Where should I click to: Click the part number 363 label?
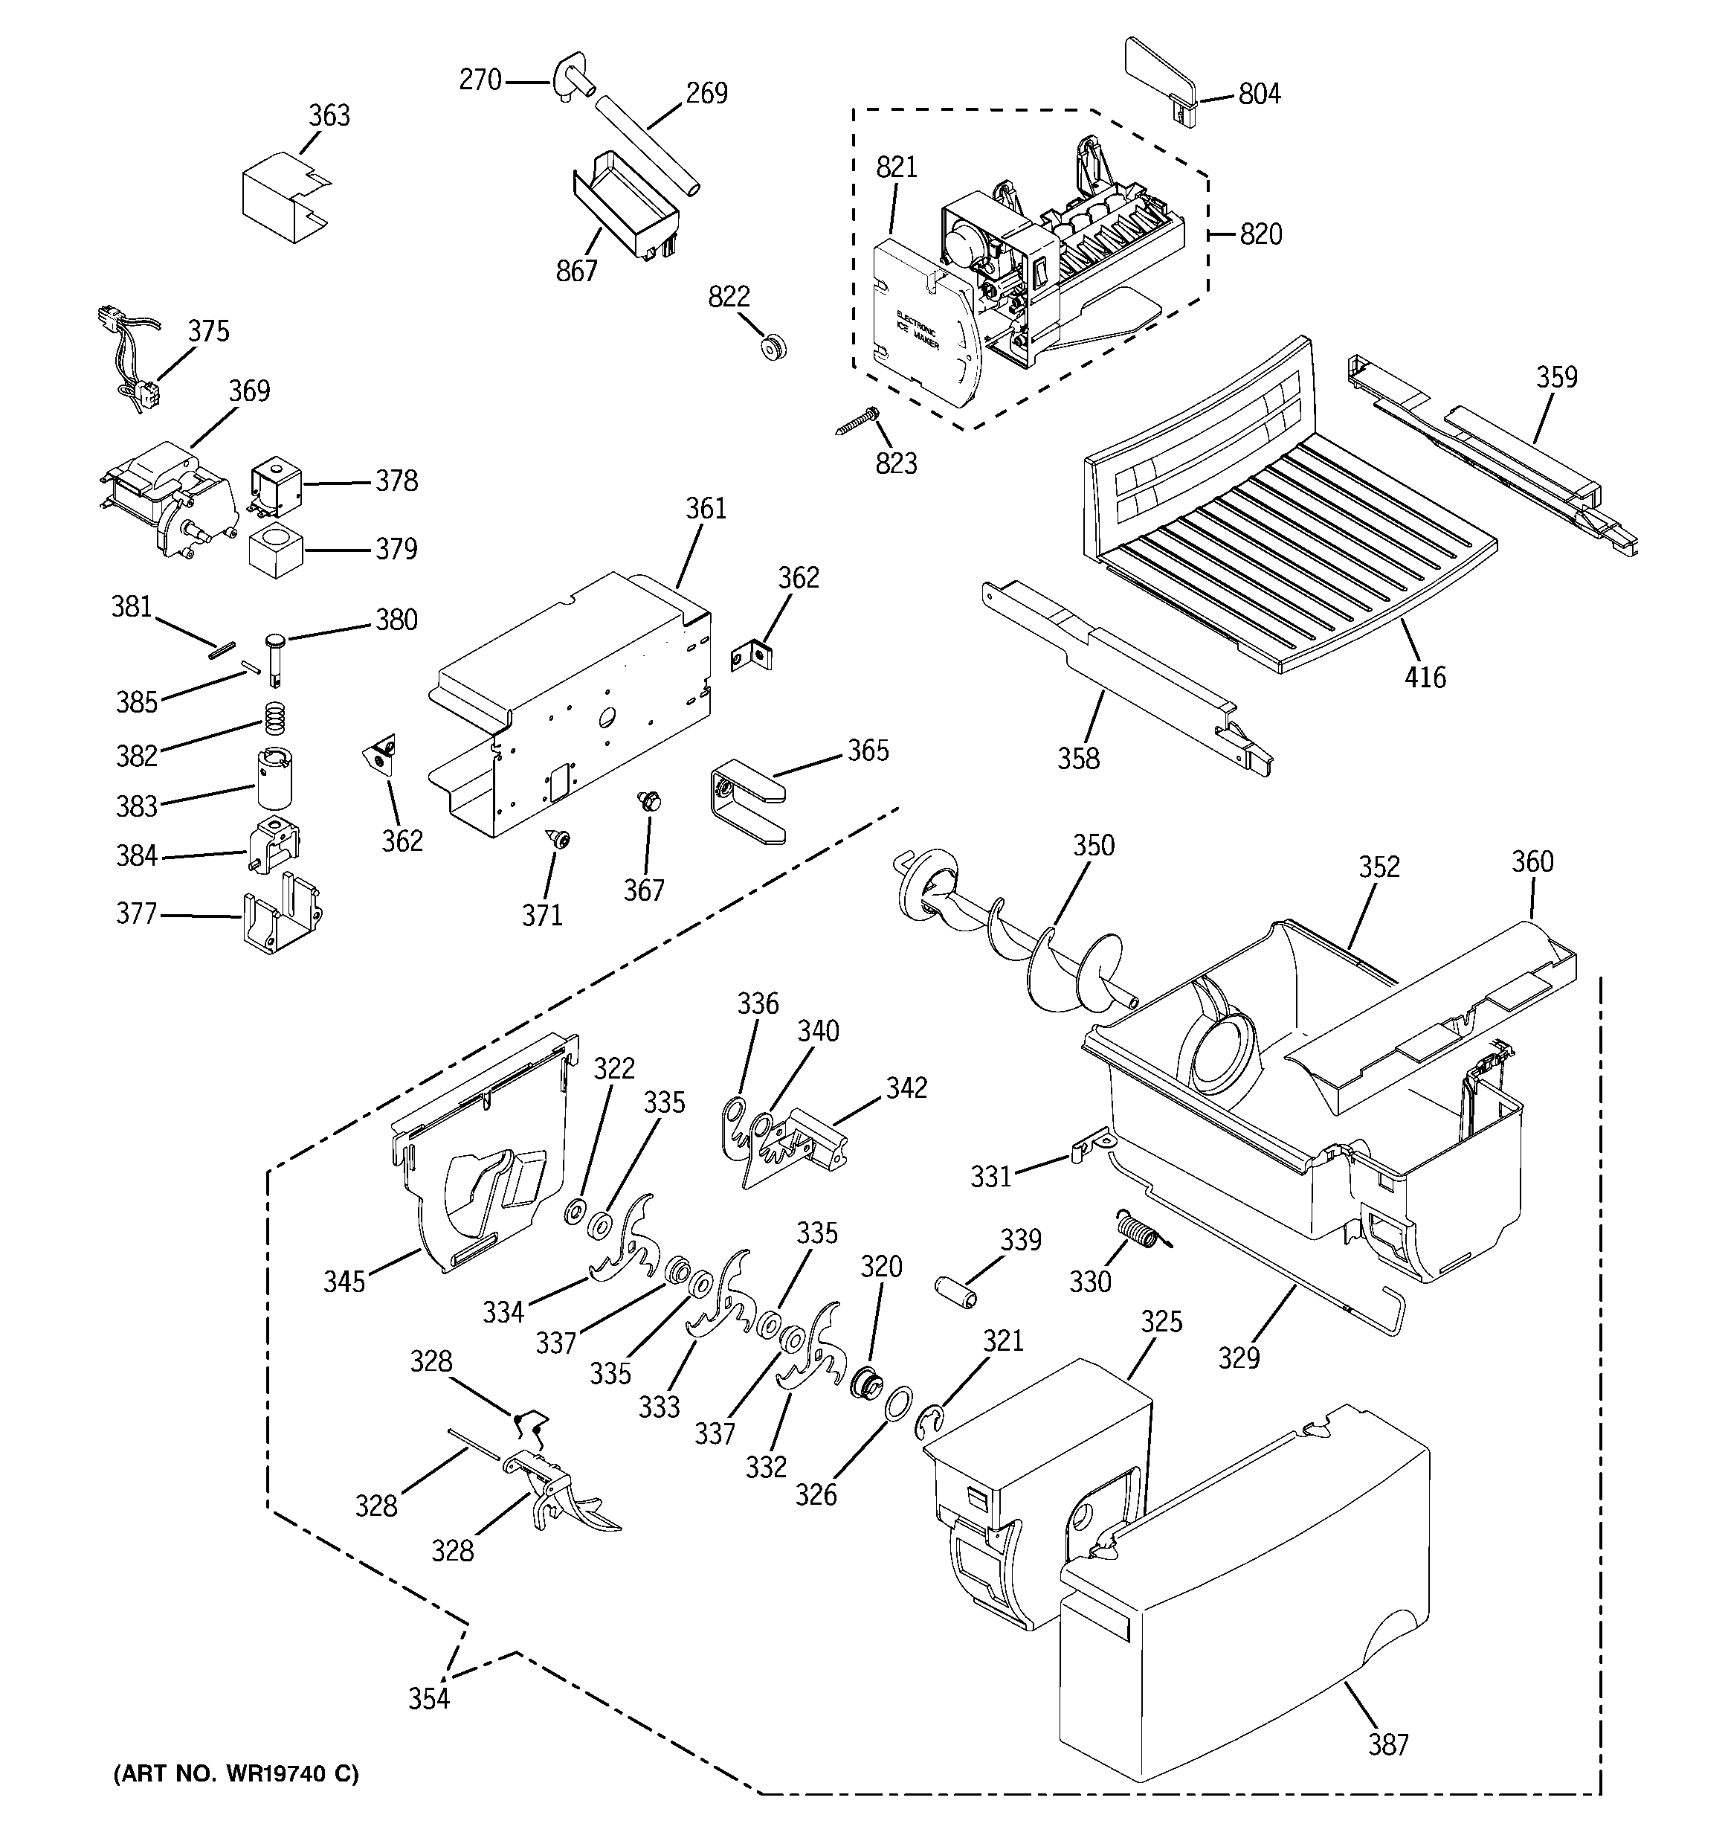click(329, 116)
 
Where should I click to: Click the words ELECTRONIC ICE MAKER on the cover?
click(917, 330)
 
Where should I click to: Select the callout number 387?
click(1388, 1746)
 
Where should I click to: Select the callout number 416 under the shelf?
click(1424, 678)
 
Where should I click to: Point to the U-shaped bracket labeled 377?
click(280, 917)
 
